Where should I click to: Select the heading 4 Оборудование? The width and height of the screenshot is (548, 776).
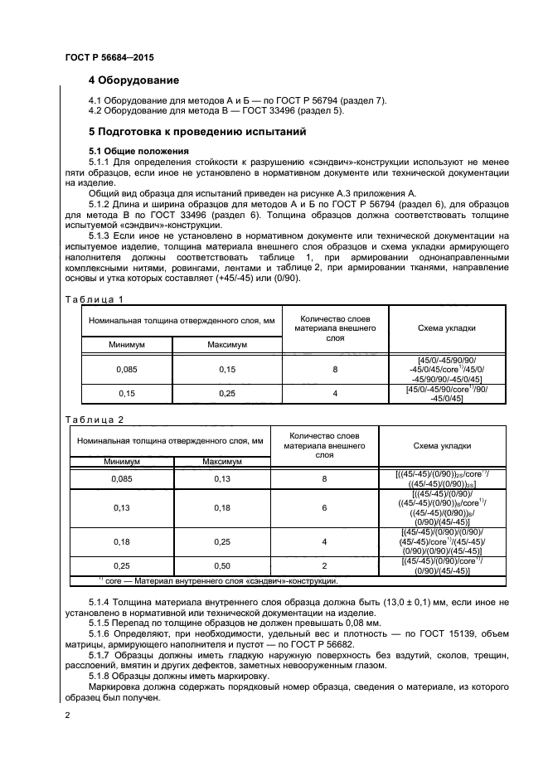(133, 80)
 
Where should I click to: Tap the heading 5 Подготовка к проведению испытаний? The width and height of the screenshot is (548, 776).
(197, 131)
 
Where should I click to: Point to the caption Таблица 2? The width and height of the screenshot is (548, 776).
(94, 420)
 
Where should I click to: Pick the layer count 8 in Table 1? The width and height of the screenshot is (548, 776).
(335, 368)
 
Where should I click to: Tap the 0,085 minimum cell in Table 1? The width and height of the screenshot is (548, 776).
(126, 368)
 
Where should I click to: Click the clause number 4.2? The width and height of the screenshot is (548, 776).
(95, 110)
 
